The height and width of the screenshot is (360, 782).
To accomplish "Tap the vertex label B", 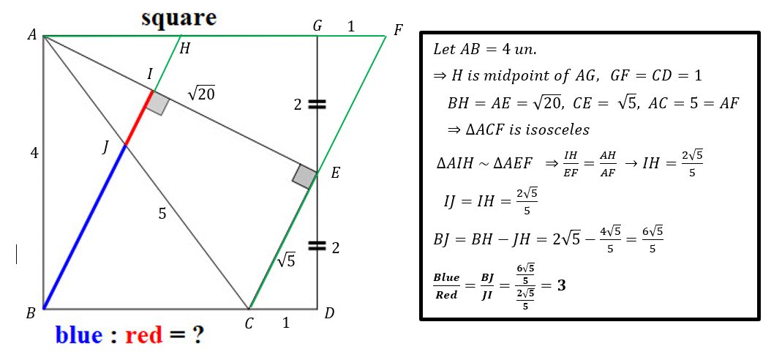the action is coord(31,314).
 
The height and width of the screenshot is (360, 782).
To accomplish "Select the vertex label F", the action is coord(397,31).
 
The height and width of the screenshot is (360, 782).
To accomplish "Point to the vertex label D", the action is coord(329,313).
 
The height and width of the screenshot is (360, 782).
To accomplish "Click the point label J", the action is coord(105,148).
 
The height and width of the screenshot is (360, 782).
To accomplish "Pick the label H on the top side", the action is coord(184,48).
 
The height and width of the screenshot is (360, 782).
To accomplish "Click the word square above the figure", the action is coord(179,18).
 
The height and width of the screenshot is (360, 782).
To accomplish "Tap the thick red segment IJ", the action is coord(139,118).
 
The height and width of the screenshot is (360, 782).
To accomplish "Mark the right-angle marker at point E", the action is coord(304,177).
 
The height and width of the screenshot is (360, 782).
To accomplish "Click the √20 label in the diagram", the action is coord(201,92).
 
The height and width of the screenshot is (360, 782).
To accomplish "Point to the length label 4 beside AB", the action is coord(34,153).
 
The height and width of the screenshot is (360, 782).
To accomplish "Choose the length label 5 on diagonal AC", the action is coord(162,214).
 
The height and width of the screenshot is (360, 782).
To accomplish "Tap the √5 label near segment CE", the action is coord(286,259).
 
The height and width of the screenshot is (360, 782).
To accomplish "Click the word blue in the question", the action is coord(79,334).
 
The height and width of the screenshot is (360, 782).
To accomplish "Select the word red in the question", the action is coord(143,335).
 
